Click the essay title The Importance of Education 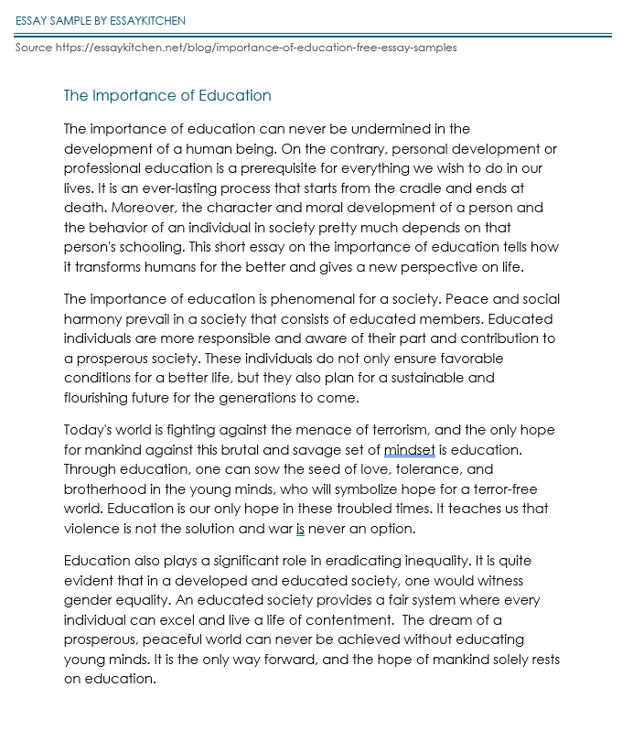coord(167,95)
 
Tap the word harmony coord(95,318)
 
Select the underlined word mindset coord(410,449)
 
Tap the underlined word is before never coord(300,528)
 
